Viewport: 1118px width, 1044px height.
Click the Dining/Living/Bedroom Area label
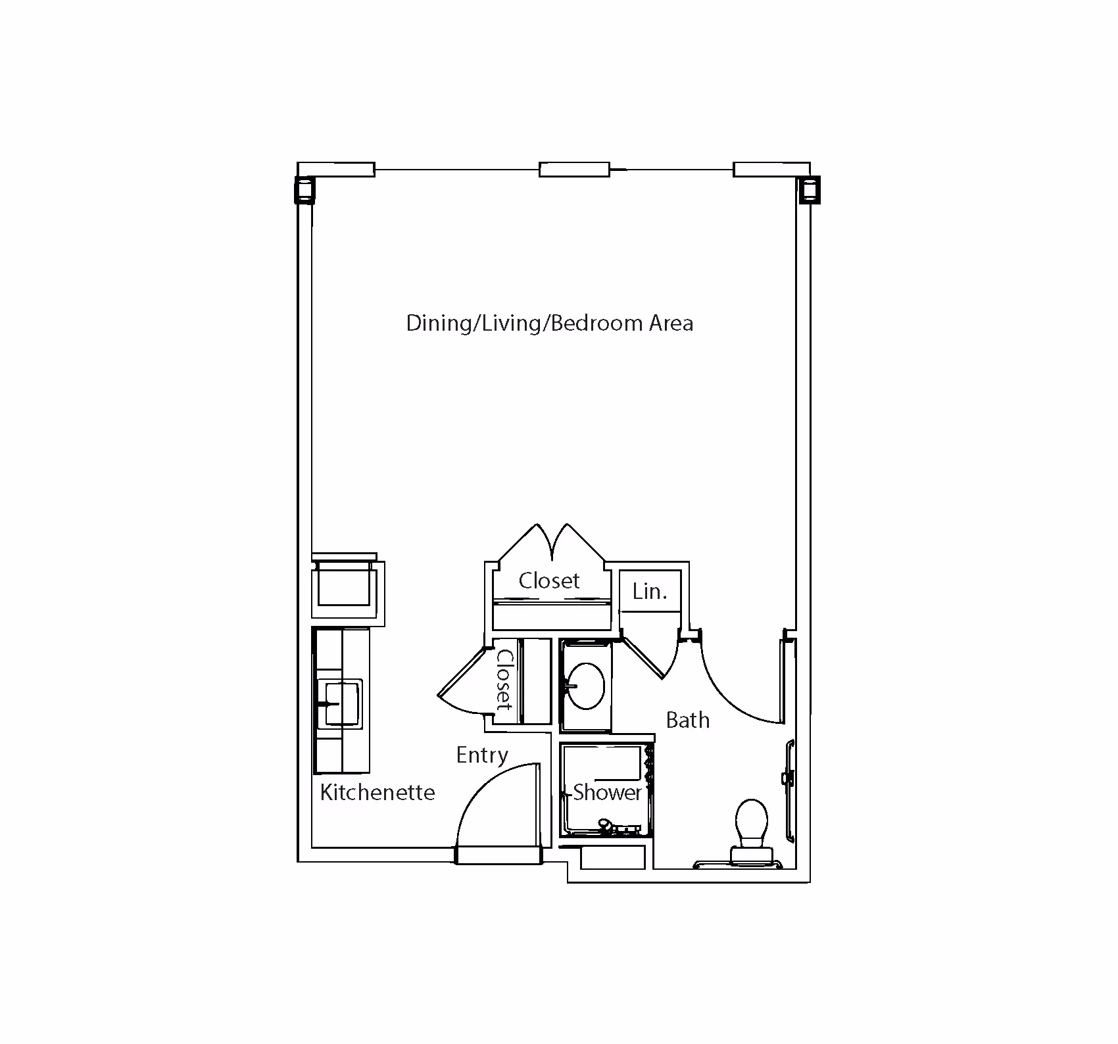tap(550, 323)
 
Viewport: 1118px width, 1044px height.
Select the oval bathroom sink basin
tap(585, 686)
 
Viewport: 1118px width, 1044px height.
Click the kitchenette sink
tap(339, 703)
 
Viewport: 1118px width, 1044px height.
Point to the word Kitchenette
tap(377, 792)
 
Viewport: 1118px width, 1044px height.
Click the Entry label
tap(482, 755)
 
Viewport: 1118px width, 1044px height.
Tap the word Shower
tap(607, 792)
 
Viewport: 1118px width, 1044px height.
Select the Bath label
tap(688, 720)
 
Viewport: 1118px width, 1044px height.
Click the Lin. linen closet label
tap(650, 592)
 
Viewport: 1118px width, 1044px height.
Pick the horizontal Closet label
tap(549, 581)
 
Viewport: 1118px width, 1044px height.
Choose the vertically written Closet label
tap(504, 680)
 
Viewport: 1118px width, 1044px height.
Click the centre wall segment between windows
tap(574, 170)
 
